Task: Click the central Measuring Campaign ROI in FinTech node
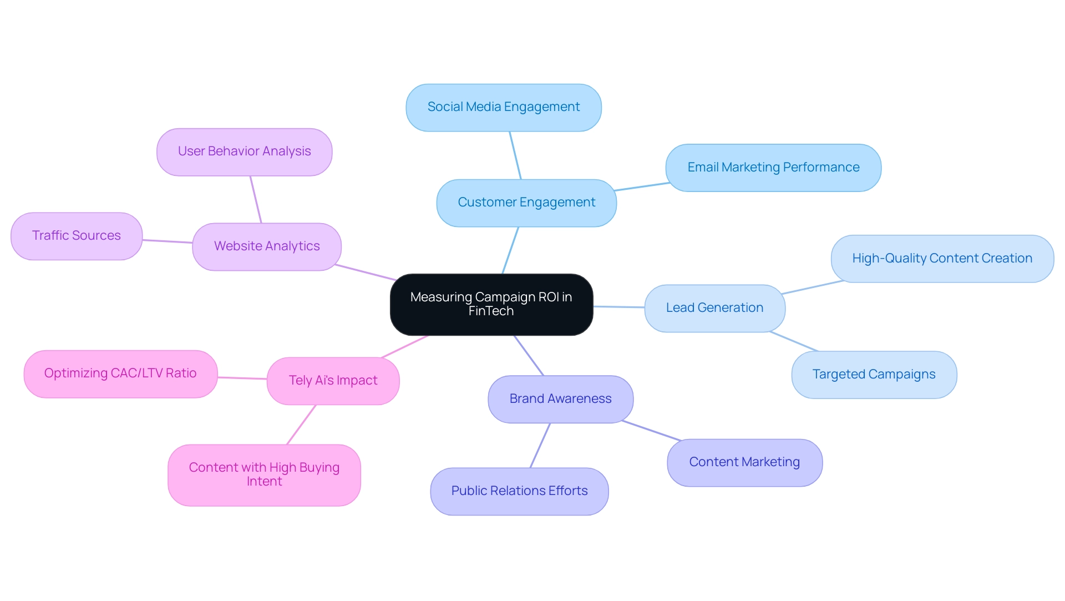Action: pos(491,304)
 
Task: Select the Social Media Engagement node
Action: pos(503,107)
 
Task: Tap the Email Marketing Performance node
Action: pos(773,168)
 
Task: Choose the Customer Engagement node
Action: pos(526,203)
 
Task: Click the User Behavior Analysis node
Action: pos(244,151)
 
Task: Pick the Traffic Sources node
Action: pos(76,236)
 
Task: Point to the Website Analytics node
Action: pos(266,246)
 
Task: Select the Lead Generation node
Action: pos(714,308)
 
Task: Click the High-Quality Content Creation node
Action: pos(942,259)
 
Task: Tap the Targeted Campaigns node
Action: pos(874,375)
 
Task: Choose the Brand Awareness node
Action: pos(560,399)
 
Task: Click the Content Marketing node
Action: pos(744,462)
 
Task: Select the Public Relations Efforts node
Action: pos(519,491)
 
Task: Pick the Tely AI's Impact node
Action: pos(333,381)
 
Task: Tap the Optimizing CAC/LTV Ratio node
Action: pos(120,373)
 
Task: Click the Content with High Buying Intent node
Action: pos(264,474)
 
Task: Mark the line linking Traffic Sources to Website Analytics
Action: pos(168,241)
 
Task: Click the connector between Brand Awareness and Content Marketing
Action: pos(651,431)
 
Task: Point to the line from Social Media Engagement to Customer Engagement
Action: pos(515,155)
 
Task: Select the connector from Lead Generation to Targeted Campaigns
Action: pos(794,341)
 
